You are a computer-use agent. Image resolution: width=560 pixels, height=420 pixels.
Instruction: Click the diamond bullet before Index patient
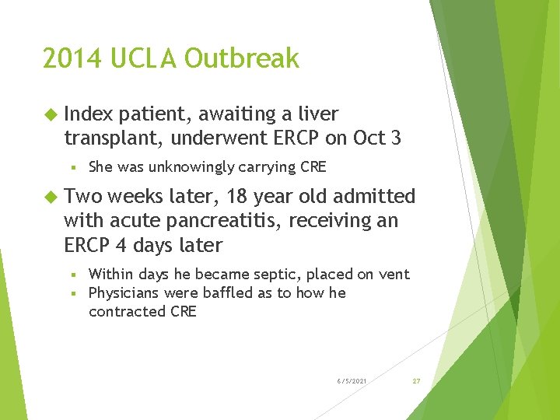51,114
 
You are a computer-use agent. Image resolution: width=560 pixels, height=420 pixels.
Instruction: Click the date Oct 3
376,138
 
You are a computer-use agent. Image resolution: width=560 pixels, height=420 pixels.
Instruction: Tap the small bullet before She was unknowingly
72,167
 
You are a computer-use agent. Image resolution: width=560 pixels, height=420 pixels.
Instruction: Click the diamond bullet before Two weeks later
51,197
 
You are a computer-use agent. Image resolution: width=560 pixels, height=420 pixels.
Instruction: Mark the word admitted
376,196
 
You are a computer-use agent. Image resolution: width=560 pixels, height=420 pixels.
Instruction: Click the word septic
278,274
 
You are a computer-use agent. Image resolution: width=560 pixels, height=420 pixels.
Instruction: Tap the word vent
394,274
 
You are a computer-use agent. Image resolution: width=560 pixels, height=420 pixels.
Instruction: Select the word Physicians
124,293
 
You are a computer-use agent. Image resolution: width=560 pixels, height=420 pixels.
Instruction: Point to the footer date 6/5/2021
352,381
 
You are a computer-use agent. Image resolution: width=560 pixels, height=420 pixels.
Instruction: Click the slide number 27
416,381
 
